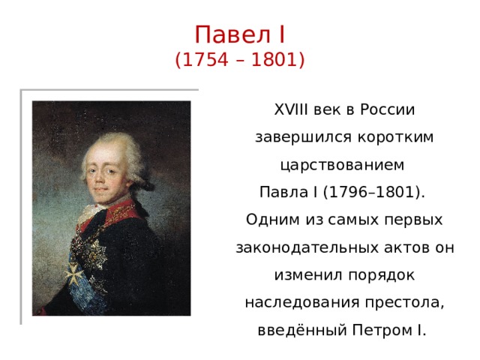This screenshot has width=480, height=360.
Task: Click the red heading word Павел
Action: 232,34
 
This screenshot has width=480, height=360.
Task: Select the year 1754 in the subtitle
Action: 205,59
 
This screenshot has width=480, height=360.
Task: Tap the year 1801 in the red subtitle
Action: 274,59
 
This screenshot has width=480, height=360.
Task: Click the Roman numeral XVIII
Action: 291,109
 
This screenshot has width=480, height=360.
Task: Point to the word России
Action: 387,109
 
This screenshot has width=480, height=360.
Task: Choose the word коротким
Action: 395,137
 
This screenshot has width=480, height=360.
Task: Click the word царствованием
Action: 343,165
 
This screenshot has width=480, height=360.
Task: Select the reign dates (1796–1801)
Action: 373,192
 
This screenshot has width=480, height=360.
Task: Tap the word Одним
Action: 272,220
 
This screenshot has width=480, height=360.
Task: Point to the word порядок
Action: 382,275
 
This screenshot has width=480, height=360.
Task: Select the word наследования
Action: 302,303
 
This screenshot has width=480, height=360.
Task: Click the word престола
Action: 405,303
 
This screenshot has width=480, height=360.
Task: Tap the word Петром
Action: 382,330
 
